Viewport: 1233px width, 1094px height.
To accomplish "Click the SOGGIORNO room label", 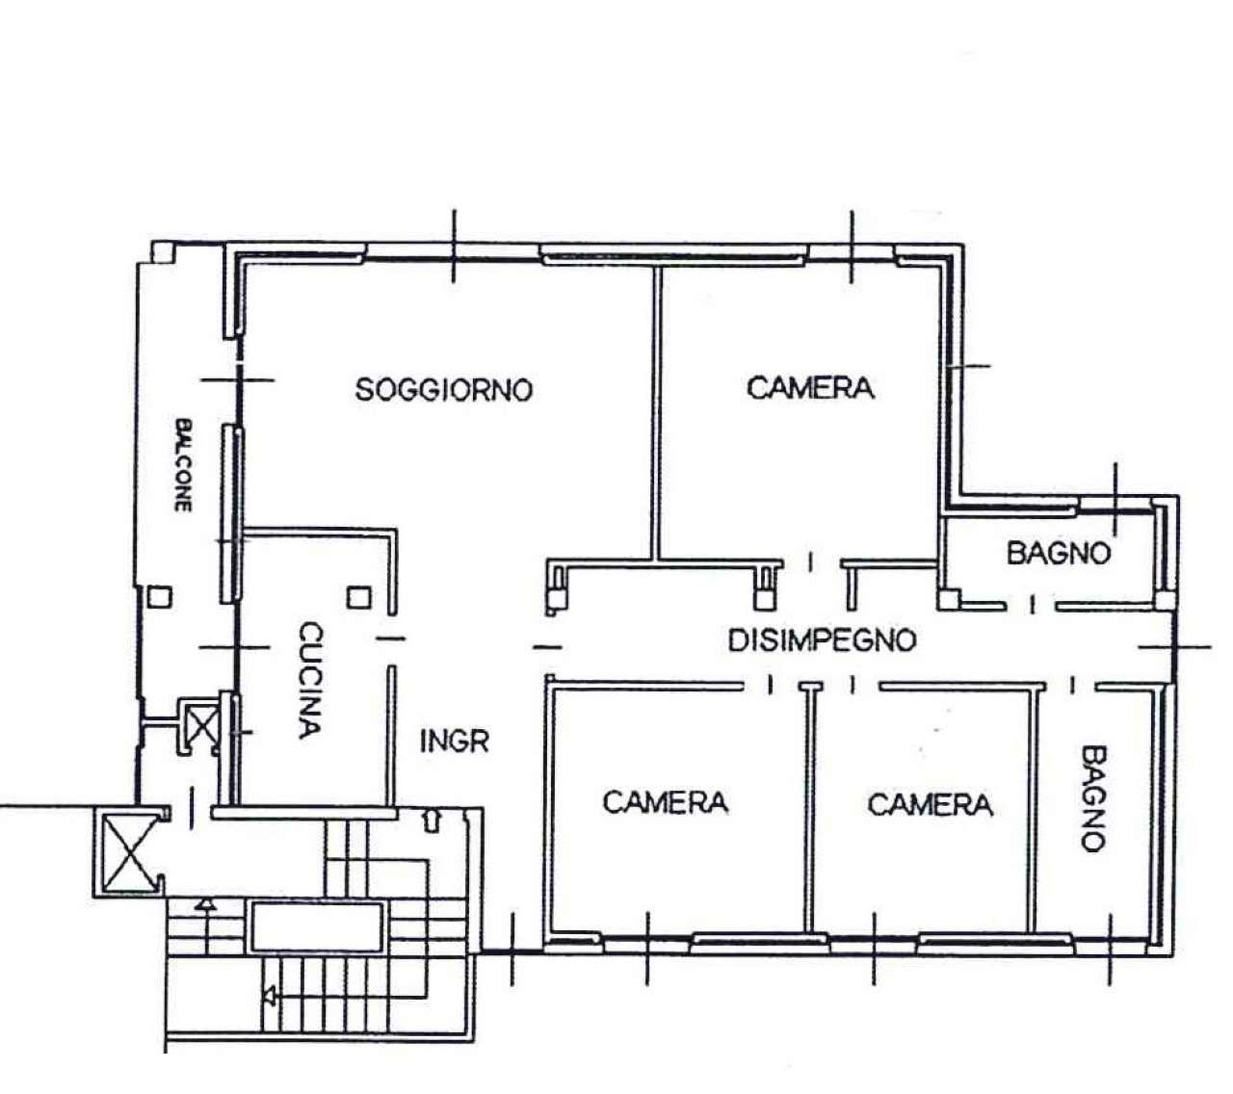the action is (444, 389).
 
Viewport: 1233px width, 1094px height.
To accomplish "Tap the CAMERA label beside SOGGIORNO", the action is (810, 387).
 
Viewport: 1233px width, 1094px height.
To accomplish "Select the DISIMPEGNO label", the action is (822, 640).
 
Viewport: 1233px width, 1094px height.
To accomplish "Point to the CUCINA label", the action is (310, 680).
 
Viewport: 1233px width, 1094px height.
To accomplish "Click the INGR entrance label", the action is (454, 742).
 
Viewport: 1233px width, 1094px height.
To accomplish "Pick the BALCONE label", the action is (183, 465).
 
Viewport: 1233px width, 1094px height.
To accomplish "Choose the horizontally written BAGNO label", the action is (1059, 553).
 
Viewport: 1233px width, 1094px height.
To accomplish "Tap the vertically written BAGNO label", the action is (1093, 799).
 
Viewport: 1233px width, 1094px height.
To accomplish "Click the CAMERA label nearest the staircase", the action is (666, 802).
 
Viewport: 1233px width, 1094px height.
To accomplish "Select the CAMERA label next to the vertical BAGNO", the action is (930, 804).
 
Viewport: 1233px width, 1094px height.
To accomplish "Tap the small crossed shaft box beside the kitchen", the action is (200, 726).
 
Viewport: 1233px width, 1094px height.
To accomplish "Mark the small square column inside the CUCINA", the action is (359, 597).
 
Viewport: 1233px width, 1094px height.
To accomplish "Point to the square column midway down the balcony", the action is (160, 596).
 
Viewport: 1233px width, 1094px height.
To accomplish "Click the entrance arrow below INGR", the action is (431, 820).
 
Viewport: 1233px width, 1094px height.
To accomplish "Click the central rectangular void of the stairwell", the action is (317, 926).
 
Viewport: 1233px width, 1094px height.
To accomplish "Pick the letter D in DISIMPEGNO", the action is (738, 640).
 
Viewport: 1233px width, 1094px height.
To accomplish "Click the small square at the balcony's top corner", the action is (162, 252).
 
